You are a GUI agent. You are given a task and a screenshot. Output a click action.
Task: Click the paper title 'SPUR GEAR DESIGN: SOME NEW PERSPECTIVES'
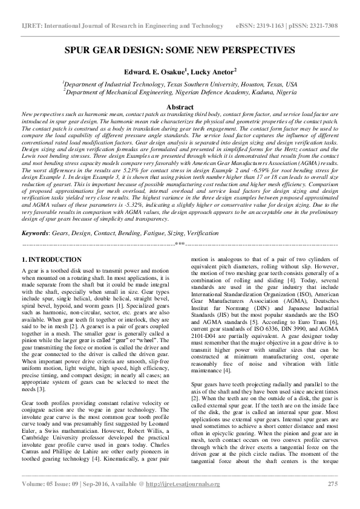pyautogui.click(x=180, y=50)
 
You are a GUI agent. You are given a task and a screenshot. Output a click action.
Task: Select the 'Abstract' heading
pyautogui.click(x=180, y=106)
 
